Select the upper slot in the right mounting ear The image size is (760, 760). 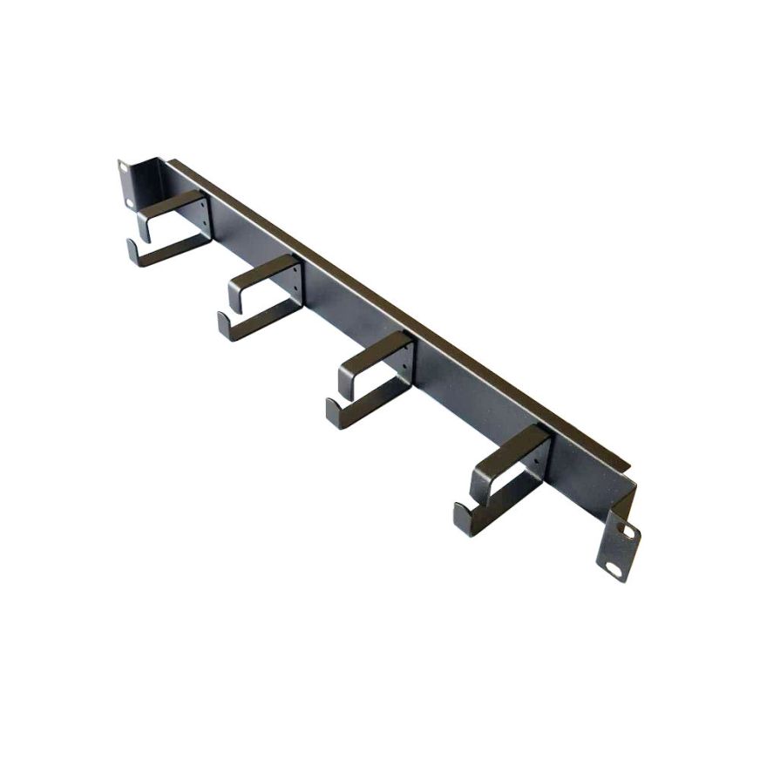[x=624, y=530]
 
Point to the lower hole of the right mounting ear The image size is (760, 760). [x=616, y=569]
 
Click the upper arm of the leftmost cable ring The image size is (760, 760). [x=171, y=206]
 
